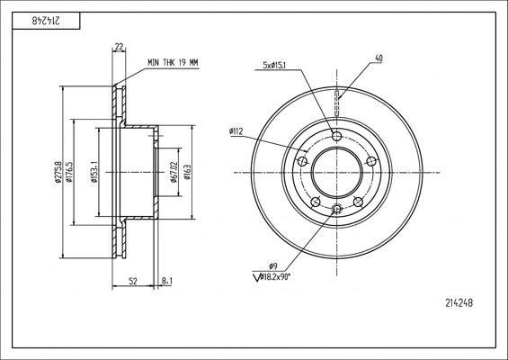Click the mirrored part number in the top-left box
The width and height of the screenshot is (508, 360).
coord(45,21)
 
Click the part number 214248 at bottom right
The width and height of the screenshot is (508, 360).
coord(459,303)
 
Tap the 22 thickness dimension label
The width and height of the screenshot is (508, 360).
coord(119,47)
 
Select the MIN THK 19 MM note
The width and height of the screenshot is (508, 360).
coord(173,63)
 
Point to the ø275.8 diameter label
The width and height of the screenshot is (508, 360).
coord(58,172)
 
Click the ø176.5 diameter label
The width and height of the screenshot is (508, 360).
coord(69,172)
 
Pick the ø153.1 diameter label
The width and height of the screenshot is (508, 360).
coord(94,172)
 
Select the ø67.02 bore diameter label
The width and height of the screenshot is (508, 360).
coord(174,172)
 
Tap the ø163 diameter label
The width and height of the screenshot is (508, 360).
coord(187,172)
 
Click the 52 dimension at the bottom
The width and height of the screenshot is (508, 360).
coord(133,281)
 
